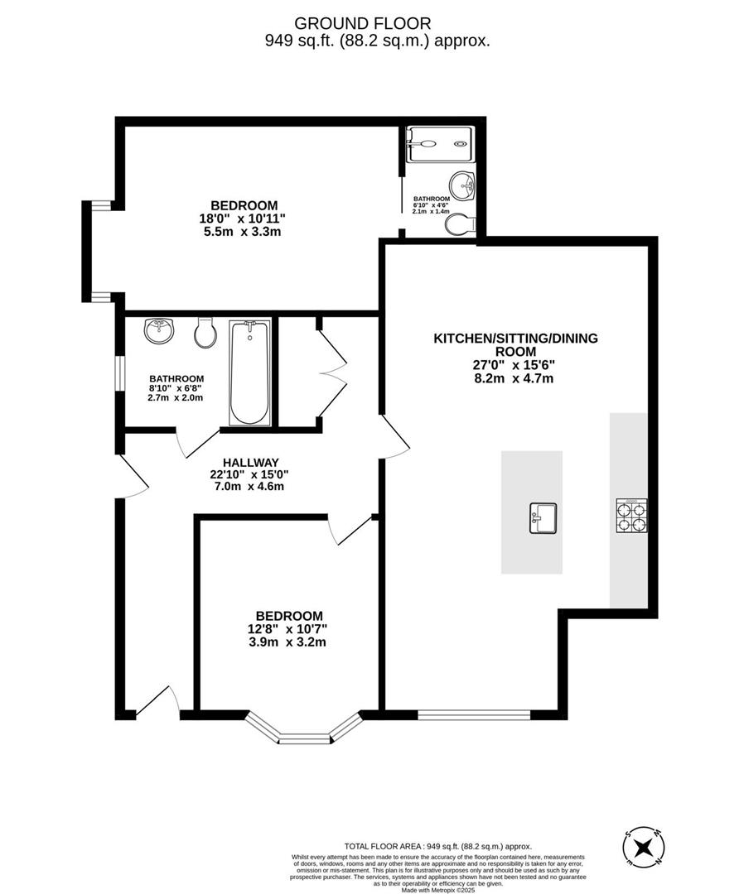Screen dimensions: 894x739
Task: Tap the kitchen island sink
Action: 543,518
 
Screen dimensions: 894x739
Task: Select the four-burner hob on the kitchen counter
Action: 631,514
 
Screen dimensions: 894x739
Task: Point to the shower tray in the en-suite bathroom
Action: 440,144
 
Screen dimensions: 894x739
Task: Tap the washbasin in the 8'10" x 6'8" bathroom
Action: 159,331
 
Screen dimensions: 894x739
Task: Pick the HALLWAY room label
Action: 249,463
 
